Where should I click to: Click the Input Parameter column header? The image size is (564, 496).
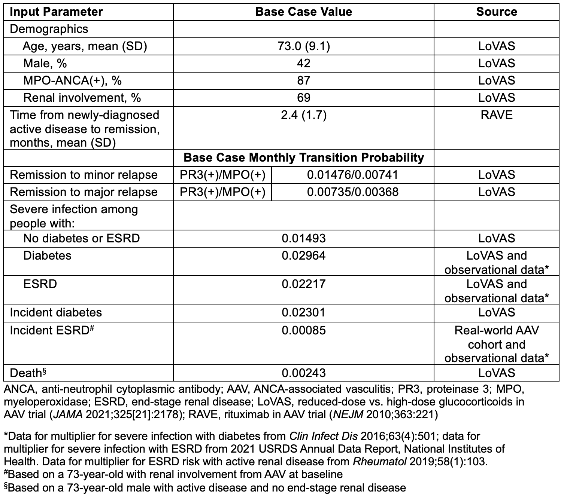(56, 12)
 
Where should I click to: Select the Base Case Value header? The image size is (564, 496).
(303, 12)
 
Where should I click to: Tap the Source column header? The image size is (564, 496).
(497, 12)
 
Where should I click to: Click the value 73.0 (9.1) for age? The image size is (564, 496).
(303, 46)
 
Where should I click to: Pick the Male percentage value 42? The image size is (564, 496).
(303, 63)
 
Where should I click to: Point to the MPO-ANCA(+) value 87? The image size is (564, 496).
(303, 80)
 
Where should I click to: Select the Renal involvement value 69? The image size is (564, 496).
(303, 98)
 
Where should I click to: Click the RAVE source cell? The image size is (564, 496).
(497, 115)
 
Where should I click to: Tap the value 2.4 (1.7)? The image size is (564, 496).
(303, 115)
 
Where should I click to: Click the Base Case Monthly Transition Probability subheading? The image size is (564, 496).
(303, 157)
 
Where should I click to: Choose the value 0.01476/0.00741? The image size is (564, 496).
(352, 175)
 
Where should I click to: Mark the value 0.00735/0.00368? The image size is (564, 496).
(352, 192)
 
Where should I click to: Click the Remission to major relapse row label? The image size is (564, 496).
(84, 192)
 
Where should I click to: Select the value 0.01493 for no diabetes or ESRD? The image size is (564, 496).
(303, 238)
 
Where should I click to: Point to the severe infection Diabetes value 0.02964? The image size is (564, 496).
(303, 255)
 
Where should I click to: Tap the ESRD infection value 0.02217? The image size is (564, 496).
(303, 284)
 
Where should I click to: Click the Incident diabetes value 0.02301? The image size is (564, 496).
(303, 312)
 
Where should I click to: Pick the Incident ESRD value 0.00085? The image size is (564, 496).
(303, 330)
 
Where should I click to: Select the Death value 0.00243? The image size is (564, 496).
(303, 373)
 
